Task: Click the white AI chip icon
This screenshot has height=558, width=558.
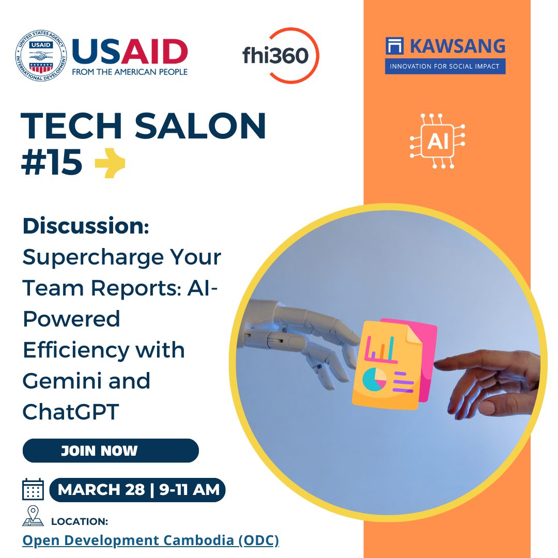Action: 438,141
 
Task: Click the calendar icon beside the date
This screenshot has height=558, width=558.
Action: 33,489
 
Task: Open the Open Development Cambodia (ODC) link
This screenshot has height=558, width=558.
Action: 151,540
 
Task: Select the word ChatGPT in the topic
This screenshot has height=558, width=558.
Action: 71,412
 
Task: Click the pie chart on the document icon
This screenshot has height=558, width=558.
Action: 375,379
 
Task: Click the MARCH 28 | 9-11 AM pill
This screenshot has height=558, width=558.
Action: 137,489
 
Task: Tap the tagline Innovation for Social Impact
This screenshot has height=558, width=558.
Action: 445,66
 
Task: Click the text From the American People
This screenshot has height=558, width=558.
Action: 130,71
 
